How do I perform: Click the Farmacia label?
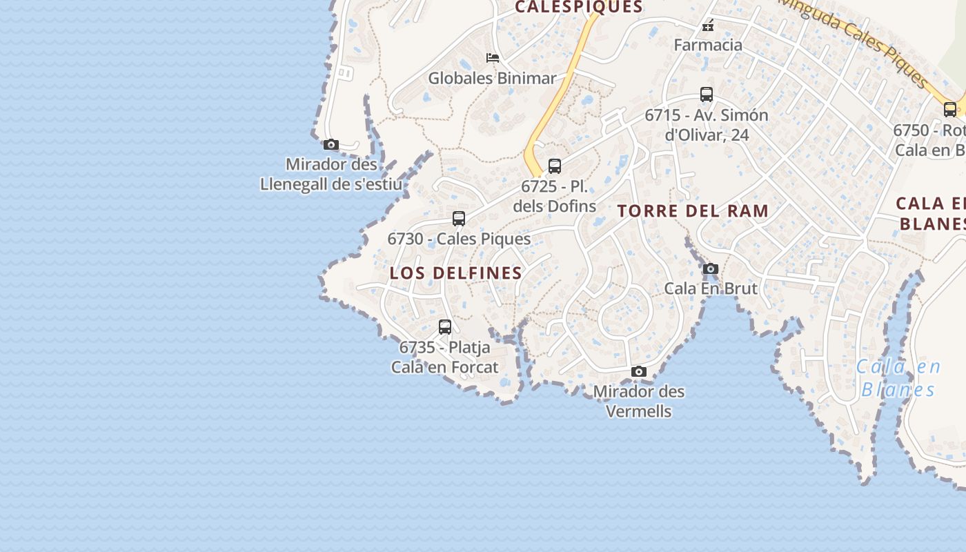[x=708, y=46]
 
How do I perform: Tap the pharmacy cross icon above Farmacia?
[x=707, y=26]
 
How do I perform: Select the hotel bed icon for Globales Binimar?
[x=493, y=58]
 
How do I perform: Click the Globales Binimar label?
[x=492, y=78]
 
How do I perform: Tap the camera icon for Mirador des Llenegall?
[x=331, y=144]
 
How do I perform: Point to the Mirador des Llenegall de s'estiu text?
[x=331, y=175]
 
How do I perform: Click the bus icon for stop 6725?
[x=555, y=166]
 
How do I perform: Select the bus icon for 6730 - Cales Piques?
[x=459, y=219]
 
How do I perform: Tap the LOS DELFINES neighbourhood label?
[x=456, y=273]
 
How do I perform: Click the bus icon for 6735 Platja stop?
[x=445, y=327]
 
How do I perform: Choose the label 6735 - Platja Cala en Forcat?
[x=445, y=357]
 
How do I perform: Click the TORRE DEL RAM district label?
[x=693, y=211]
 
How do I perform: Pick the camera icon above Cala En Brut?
[x=711, y=268]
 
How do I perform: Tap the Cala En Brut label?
[x=711, y=288]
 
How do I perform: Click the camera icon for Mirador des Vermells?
[x=639, y=372]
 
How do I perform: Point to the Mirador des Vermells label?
[x=639, y=401]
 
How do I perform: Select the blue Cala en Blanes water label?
[x=898, y=378]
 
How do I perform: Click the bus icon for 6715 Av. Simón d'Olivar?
[x=707, y=95]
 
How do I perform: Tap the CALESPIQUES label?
[x=579, y=8]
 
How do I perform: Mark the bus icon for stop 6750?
[x=950, y=109]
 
